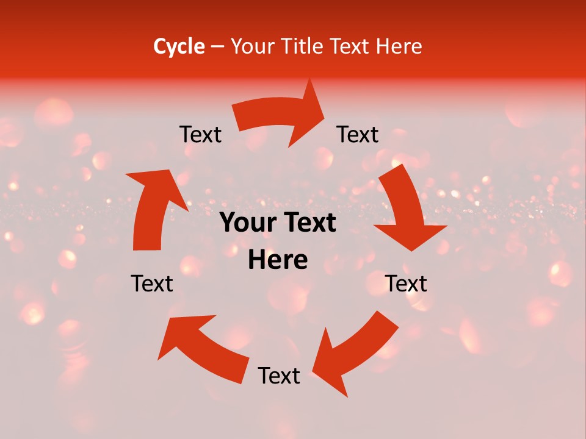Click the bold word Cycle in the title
tap(179, 46)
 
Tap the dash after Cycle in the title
tap(218, 46)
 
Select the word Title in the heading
tap(304, 46)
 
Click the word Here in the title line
tap(399, 46)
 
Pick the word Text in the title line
tap(350, 46)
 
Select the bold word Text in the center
tap(309, 223)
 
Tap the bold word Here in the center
tap(278, 260)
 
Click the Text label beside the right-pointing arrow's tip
tap(358, 134)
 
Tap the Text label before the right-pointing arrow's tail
tap(200, 134)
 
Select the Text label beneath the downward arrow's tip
tap(406, 284)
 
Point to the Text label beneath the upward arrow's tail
tap(152, 284)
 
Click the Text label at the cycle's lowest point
tap(279, 376)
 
